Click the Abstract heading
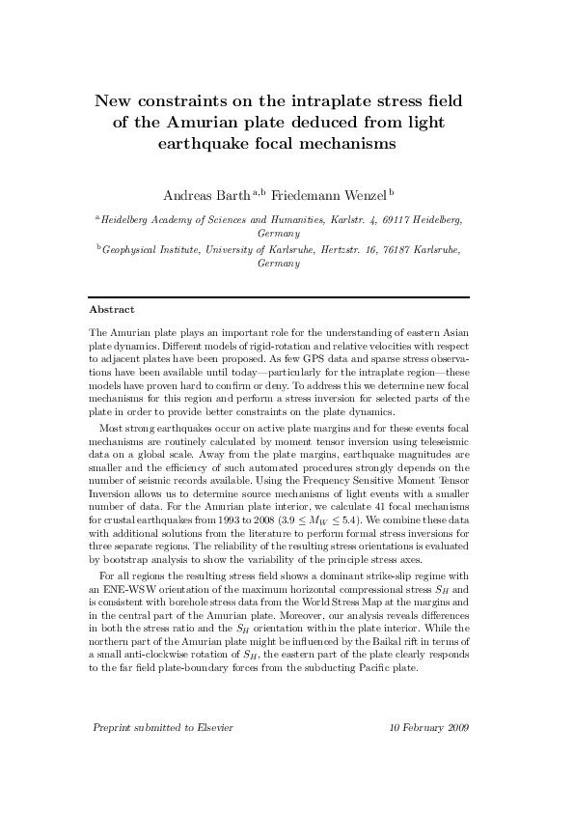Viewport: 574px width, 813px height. [110, 310]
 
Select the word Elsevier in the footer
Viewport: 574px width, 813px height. [214, 752]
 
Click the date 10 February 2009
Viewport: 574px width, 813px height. [429, 752]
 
